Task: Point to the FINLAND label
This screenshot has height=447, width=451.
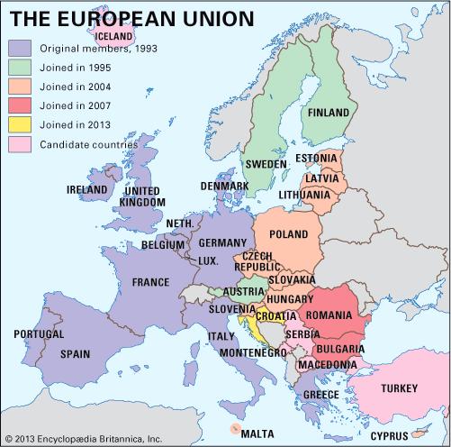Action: [x=329, y=114]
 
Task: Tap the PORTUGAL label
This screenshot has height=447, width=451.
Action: [x=39, y=334]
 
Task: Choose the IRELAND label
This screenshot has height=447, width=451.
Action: [x=88, y=190]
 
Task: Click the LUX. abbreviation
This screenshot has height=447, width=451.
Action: [x=208, y=260]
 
